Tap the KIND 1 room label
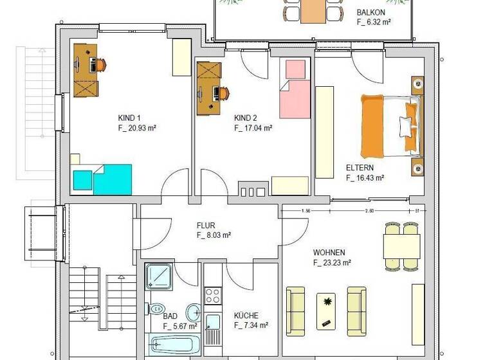coord(129,118)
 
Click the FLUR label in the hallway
coord(206,226)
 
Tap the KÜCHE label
coord(246,316)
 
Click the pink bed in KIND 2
coord(295,89)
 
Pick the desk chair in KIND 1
coord(101,64)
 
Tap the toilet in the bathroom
coord(158,309)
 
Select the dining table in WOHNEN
coord(401,245)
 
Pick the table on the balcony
coord(313,10)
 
